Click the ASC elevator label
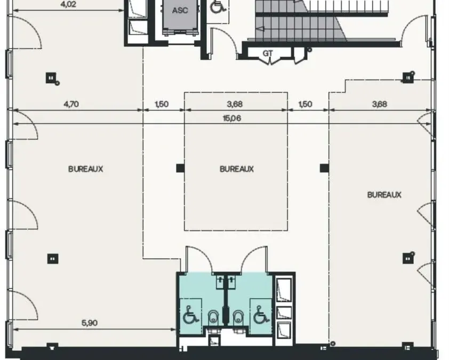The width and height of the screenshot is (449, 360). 180,11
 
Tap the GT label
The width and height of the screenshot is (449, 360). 268,53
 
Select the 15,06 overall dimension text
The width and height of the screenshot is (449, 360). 231,118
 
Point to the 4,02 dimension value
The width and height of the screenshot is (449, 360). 68,4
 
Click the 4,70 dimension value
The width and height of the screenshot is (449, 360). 71,104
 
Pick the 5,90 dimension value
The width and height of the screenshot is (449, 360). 90,323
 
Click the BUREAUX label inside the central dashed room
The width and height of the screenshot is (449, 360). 237,169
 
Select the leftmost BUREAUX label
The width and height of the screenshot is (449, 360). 86,169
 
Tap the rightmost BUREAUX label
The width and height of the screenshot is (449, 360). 384,195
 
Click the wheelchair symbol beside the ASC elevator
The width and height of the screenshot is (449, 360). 218,6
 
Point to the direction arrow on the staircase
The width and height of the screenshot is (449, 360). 260,29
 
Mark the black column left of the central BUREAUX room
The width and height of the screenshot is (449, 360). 180,168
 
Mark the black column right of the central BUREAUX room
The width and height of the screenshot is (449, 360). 324,168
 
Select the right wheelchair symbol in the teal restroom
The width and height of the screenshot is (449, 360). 261,315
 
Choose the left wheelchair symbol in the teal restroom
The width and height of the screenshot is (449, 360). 190,315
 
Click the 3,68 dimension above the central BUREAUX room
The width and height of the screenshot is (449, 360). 235,104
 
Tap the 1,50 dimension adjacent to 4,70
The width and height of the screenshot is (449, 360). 162,104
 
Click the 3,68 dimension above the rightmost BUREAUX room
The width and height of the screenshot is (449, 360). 380,104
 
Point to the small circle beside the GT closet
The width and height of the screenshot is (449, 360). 309,50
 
